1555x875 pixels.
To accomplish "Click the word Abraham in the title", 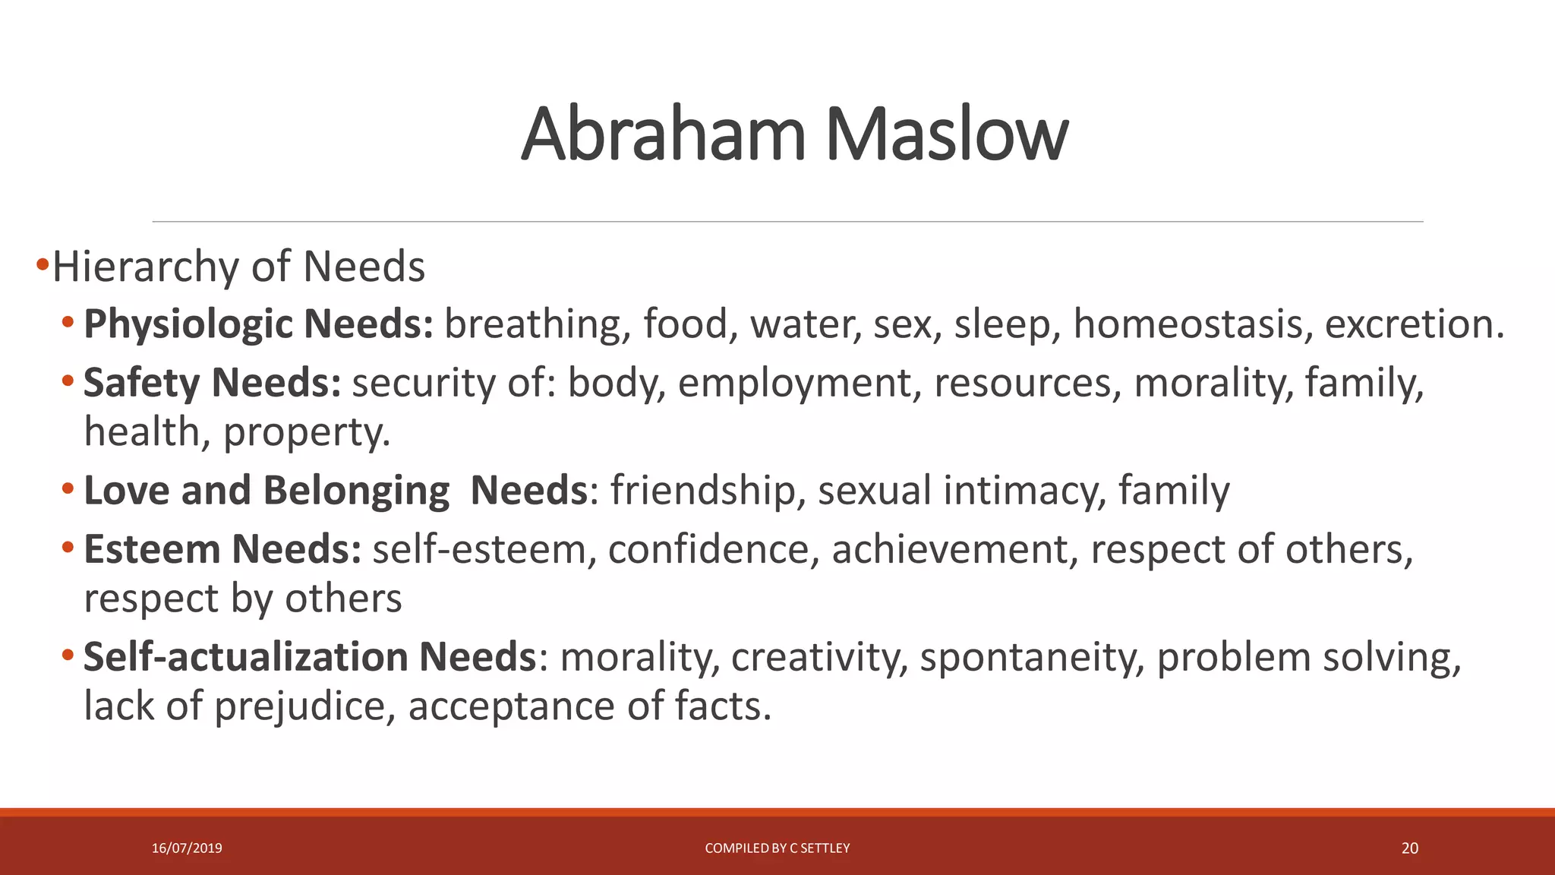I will (662, 135).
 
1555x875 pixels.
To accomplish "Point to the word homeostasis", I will (1192, 324).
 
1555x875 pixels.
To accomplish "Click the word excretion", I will (1414, 324).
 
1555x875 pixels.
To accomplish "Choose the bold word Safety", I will (141, 382).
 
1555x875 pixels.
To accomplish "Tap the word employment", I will (794, 383).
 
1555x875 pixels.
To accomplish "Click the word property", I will (306, 433).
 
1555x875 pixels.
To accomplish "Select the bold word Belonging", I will (356, 491).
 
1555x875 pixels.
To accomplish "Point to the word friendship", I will (702, 490).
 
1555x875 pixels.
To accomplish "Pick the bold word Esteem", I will (151, 548).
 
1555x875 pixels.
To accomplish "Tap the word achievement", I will (949, 548).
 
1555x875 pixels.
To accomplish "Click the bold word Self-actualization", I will (245, 656).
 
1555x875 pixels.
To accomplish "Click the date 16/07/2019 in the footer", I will (187, 848).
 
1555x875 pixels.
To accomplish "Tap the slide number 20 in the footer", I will (1409, 848).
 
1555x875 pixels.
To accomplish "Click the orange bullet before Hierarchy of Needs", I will (42, 266).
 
